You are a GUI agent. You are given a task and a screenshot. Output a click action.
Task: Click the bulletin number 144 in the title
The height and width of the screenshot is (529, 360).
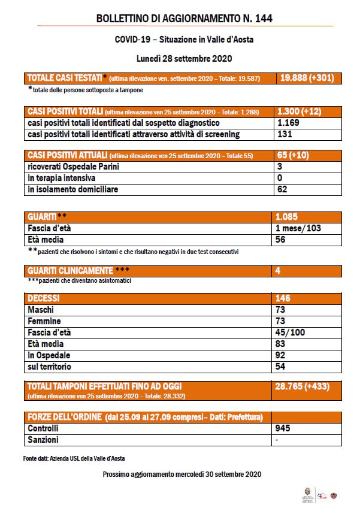click(x=264, y=19)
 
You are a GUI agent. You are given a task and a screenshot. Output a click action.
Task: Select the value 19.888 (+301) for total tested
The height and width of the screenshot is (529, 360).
click(x=307, y=78)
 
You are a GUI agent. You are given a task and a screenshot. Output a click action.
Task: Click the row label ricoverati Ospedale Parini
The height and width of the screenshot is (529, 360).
click(x=74, y=167)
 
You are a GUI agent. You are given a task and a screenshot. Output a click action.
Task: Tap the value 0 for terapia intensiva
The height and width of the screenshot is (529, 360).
click(x=279, y=178)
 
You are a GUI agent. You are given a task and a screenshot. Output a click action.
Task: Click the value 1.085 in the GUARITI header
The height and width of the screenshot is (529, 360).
click(x=289, y=217)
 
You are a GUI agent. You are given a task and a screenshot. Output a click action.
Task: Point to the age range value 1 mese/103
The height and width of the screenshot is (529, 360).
click(x=299, y=228)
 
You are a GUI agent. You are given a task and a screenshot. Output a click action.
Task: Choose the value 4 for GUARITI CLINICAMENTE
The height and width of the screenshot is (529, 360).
click(x=279, y=271)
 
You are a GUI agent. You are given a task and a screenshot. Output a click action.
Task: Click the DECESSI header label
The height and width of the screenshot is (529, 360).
click(x=45, y=298)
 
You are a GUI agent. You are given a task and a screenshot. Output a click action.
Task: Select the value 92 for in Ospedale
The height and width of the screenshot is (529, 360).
click(x=282, y=355)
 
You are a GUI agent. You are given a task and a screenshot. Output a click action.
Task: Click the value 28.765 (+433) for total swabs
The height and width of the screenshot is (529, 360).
click(x=302, y=386)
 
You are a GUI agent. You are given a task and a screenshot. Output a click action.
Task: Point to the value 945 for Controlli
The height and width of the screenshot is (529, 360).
click(x=284, y=429)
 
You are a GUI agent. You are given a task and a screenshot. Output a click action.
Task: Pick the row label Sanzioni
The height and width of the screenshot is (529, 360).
click(x=43, y=440)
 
